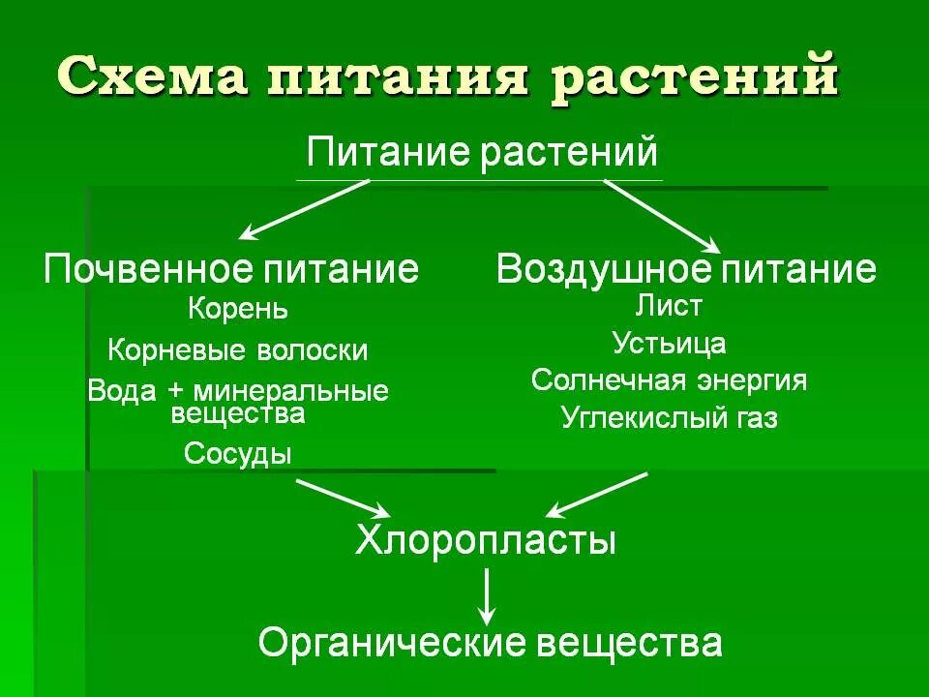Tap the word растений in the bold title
[x=694, y=76]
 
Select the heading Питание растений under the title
[x=481, y=153]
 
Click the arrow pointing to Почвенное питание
[x=304, y=209]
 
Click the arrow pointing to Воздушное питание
[x=662, y=214]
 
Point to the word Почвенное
[x=142, y=268]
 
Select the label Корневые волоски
[x=238, y=349]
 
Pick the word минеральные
[x=291, y=392]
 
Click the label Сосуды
[x=238, y=452]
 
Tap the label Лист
[x=669, y=306]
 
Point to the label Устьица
[x=669, y=343]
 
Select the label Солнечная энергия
[x=669, y=380]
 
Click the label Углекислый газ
[x=669, y=418]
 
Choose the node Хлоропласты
[x=486, y=539]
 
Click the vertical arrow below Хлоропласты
[x=488, y=594]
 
